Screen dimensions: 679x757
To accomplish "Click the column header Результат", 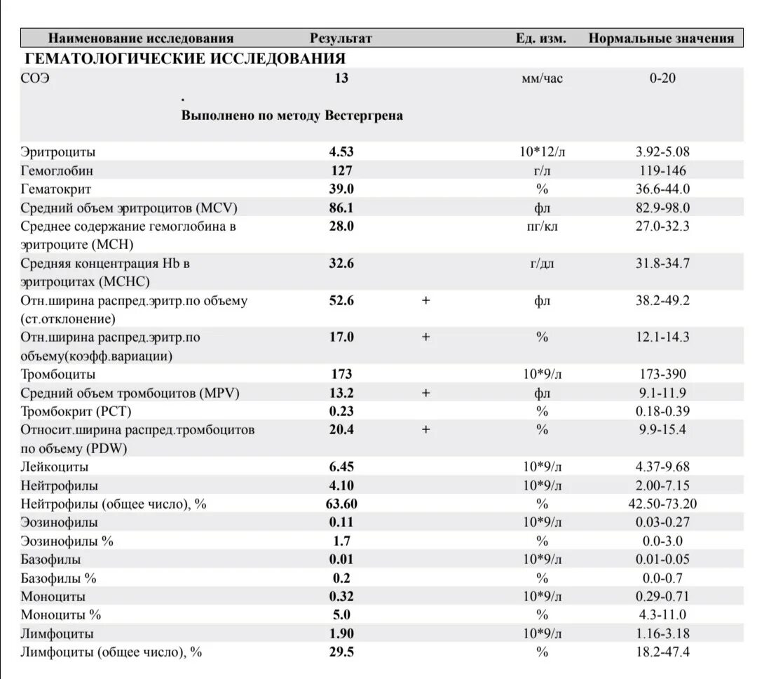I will tap(341, 38).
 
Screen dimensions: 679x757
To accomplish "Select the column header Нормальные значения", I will tap(661, 38).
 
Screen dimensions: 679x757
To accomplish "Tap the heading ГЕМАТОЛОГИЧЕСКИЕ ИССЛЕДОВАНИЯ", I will tap(185, 58).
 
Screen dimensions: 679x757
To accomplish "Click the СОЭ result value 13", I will tap(341, 78).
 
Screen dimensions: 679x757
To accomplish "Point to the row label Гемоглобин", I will tap(57, 170).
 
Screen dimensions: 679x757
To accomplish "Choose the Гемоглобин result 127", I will tap(341, 170).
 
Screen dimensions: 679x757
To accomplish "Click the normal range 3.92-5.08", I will tap(662, 152).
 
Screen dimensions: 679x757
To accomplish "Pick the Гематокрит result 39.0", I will tap(341, 189).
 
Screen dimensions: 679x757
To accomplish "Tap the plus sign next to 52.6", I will tap(425, 300).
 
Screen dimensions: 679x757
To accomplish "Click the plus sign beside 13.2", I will tap(425, 393).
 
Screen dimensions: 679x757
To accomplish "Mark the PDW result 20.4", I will tap(341, 430).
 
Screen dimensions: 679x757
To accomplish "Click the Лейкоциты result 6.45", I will tap(341, 466).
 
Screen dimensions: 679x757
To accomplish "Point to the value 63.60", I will tap(341, 504).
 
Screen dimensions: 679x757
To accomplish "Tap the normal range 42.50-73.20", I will tap(662, 504).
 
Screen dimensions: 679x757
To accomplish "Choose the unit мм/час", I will tap(542, 78).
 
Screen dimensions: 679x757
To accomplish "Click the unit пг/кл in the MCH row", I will tap(542, 226).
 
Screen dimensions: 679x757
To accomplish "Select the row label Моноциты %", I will tap(61, 615).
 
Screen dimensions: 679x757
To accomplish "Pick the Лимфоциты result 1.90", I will tap(341, 633).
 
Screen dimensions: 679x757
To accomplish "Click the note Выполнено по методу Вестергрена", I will tap(292, 115).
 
